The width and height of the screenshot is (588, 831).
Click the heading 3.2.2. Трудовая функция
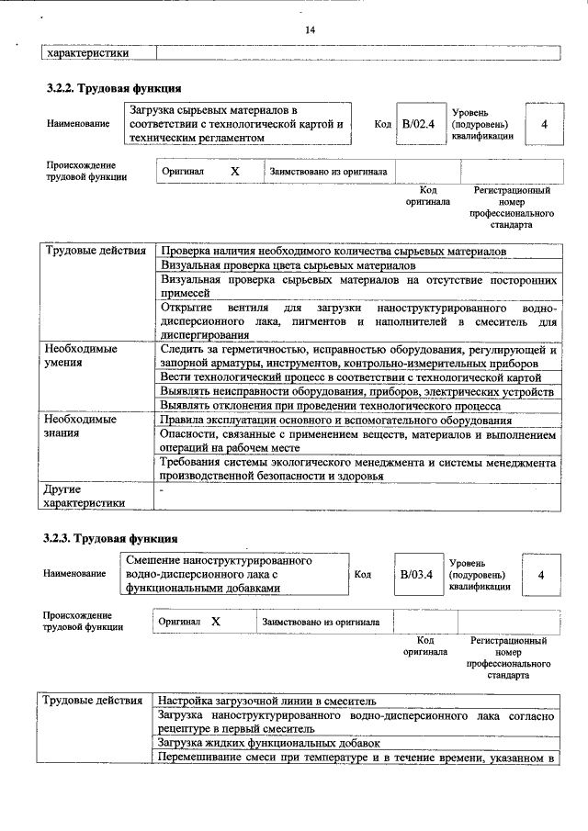point(113,89)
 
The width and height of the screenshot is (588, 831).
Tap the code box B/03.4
point(416,574)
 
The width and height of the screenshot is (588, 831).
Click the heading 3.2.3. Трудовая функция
point(111,538)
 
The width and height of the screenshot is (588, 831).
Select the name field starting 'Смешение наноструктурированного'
point(234,573)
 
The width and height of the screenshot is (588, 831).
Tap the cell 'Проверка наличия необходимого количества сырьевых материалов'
point(333,251)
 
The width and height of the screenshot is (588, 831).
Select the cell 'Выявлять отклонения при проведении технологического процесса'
point(330,405)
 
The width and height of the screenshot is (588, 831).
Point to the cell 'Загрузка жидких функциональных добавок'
point(267,742)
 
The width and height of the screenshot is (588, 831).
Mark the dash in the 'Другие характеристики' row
point(162,491)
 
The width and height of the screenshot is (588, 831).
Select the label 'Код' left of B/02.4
point(382,123)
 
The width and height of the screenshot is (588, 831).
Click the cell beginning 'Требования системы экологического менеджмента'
point(357,470)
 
